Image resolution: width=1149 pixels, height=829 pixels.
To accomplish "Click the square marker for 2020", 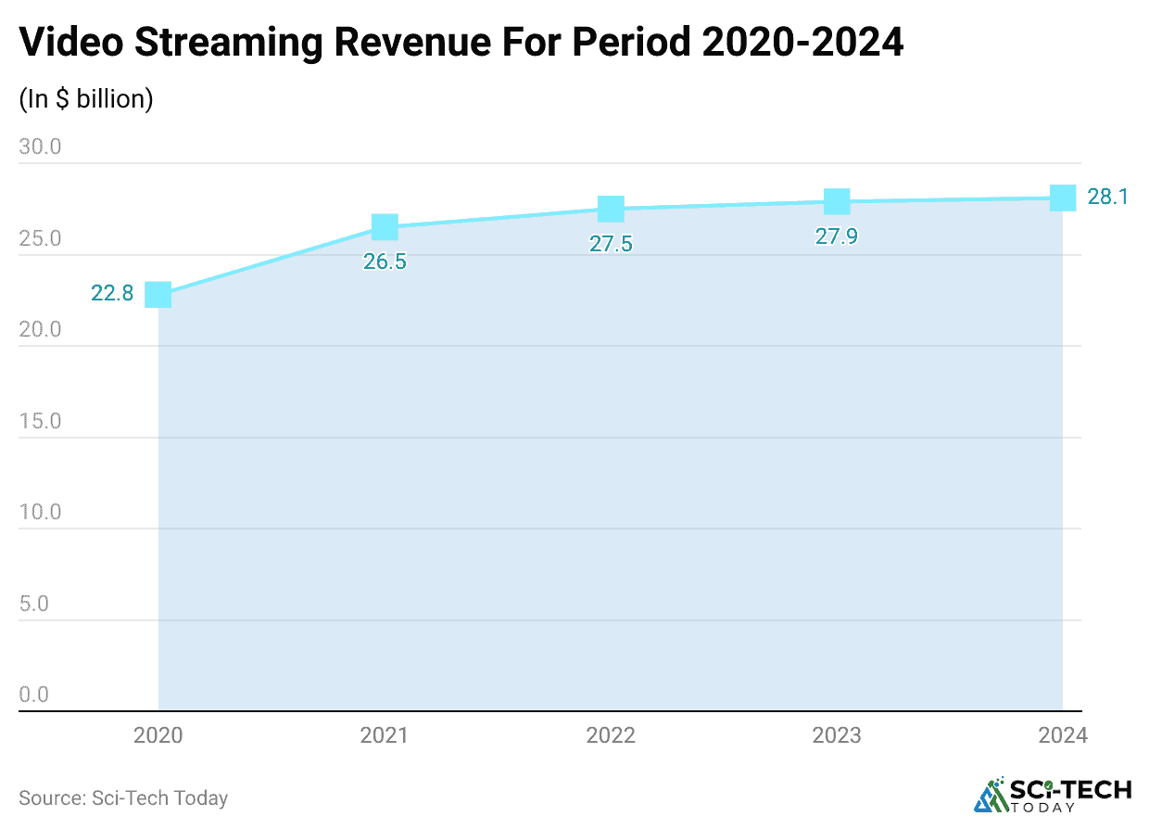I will (x=158, y=295).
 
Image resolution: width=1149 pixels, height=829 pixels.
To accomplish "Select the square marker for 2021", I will (x=385, y=227).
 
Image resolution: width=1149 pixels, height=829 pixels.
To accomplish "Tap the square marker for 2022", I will (x=611, y=209).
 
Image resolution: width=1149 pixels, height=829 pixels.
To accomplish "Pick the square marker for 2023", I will (x=837, y=201).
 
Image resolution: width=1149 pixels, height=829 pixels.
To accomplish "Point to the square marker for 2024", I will (x=1063, y=198).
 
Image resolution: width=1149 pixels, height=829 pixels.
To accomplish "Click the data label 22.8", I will (x=112, y=294).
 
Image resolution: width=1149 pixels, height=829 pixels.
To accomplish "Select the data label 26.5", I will (x=385, y=261).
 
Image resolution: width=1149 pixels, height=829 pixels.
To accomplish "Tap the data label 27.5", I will (x=611, y=244).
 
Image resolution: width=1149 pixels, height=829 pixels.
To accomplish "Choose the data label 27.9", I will (x=837, y=236).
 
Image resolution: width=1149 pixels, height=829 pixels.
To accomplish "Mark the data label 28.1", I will (x=1107, y=197).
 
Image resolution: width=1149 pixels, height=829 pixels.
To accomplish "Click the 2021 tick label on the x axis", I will (x=385, y=735).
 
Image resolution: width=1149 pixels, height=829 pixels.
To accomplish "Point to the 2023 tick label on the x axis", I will (x=837, y=735).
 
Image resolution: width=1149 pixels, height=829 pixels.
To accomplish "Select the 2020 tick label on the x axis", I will (x=158, y=735).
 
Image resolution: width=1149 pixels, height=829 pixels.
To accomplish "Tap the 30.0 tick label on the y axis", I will (x=40, y=147).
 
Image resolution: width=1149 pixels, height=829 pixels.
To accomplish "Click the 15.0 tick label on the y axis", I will (x=40, y=421).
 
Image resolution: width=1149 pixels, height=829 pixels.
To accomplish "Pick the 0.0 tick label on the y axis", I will (x=33, y=695).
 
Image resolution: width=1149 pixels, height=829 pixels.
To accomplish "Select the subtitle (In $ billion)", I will (x=86, y=99).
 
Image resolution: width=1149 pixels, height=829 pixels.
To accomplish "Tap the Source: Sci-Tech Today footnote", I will (x=123, y=797).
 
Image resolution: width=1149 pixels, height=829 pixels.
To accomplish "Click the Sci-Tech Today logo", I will (x=1054, y=795).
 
